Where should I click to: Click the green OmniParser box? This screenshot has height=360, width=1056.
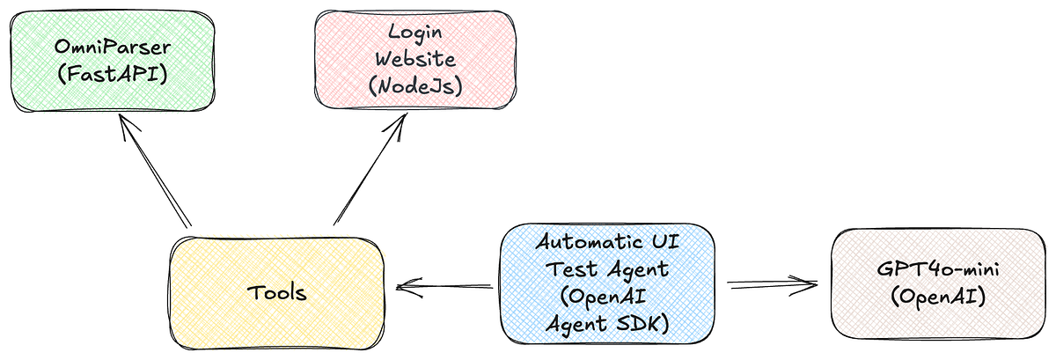(x=113, y=62)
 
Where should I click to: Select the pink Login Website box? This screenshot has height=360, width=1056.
(x=415, y=60)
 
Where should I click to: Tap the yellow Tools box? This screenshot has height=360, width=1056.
(x=276, y=292)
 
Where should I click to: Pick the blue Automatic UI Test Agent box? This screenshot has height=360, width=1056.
(x=607, y=283)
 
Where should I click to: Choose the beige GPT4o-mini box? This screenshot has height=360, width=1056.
(x=938, y=283)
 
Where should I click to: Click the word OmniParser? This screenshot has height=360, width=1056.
(x=113, y=47)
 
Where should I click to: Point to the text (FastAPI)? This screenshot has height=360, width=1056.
(x=113, y=74)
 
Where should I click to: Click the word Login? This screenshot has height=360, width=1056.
(x=415, y=33)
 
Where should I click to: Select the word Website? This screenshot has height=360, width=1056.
(x=415, y=59)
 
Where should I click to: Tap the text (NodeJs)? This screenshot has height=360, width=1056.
(x=415, y=86)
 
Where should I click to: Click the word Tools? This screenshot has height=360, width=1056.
(x=276, y=292)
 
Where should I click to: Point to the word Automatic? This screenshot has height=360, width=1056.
(x=590, y=242)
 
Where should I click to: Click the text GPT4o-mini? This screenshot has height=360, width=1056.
(x=938, y=269)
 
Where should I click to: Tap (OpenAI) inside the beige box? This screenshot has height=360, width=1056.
(x=938, y=298)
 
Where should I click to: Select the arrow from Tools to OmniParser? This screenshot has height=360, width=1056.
(x=155, y=171)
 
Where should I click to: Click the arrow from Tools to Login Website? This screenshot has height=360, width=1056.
(x=370, y=169)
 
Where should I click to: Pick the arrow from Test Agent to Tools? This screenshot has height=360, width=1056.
(x=444, y=286)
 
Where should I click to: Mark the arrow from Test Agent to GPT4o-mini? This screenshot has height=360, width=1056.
(x=773, y=284)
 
